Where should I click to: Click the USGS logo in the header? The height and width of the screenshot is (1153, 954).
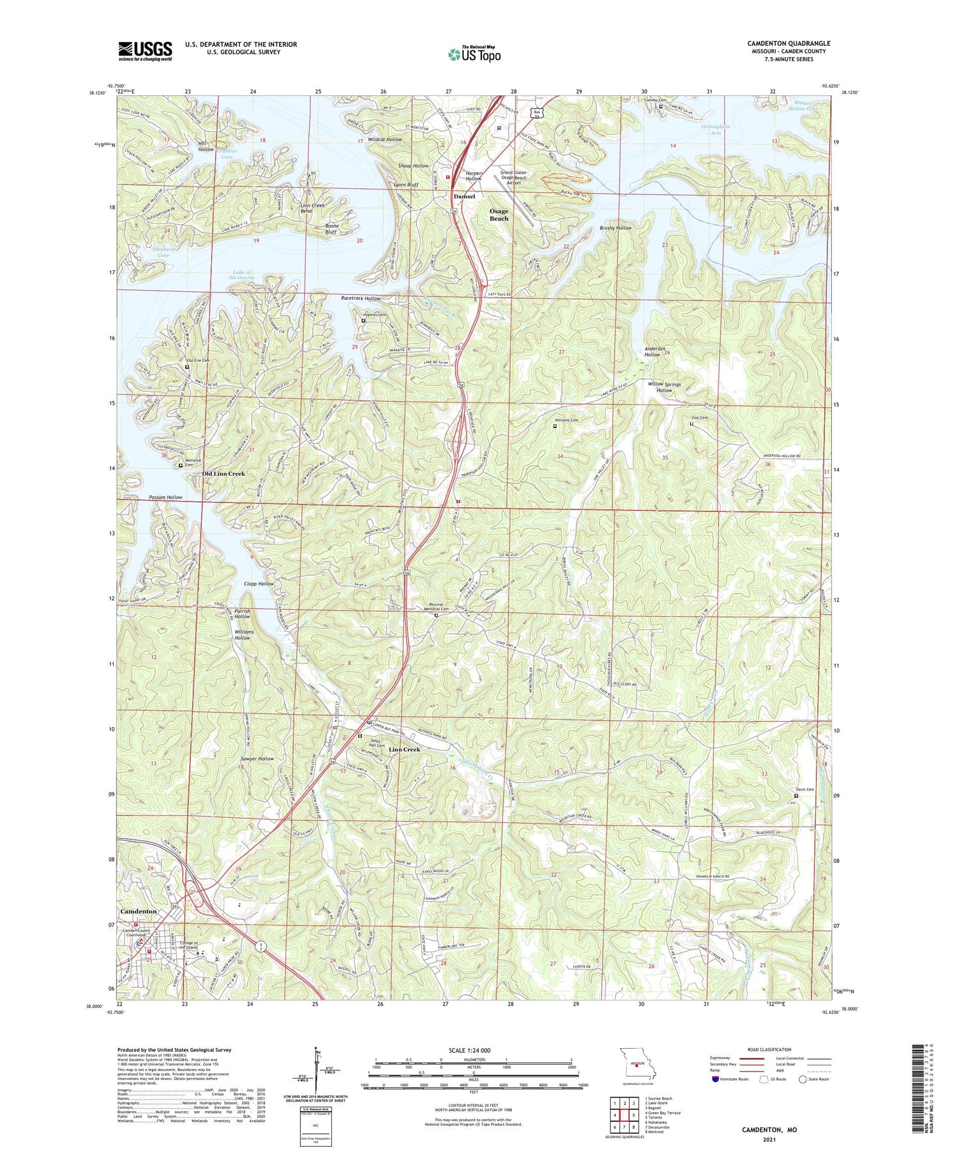tap(145, 51)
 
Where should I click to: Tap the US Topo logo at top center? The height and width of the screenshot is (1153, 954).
tap(474, 54)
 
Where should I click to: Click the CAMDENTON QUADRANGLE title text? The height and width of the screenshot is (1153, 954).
tap(788, 43)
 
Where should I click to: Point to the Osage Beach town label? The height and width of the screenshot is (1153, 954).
tap(499, 214)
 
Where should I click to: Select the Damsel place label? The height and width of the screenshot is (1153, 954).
tap(464, 197)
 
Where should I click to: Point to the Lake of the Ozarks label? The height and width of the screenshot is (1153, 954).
tap(242, 275)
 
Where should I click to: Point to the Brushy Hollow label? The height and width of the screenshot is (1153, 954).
tap(616, 228)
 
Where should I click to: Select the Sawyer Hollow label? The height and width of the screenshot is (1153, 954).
tap(258, 759)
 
